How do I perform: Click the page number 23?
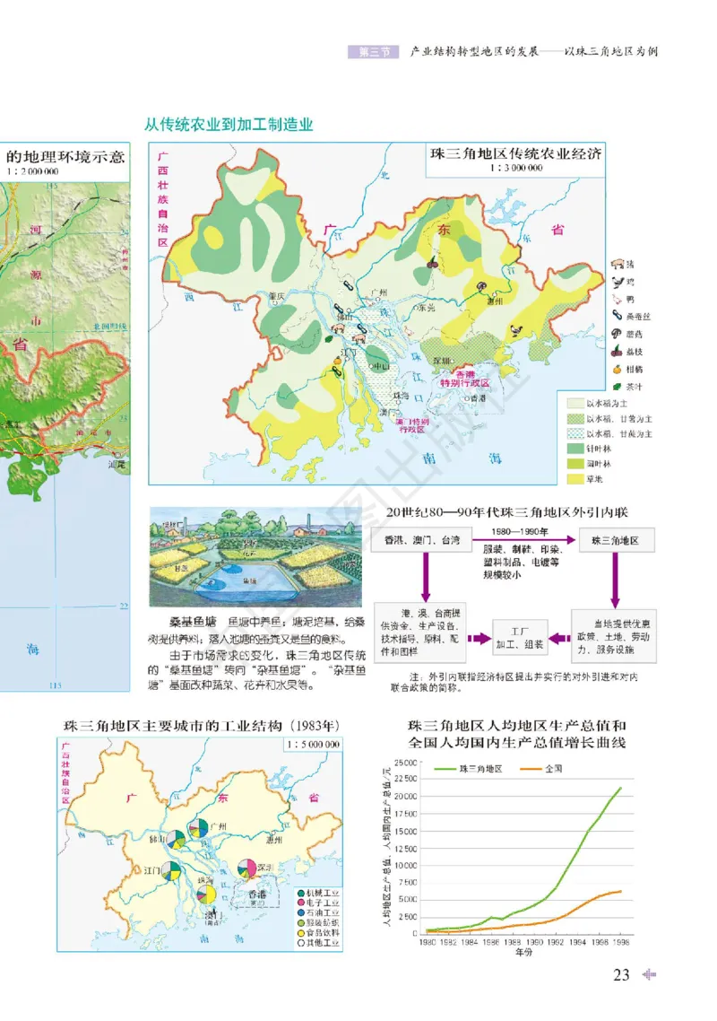pos(622,975)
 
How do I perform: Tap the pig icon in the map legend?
pos(617,265)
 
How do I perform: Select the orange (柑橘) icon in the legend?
pos(617,368)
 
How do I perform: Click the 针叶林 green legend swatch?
pos(574,447)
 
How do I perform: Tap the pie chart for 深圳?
pos(246,868)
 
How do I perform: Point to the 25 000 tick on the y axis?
pos(405,763)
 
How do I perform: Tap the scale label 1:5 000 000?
pos(311,744)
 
